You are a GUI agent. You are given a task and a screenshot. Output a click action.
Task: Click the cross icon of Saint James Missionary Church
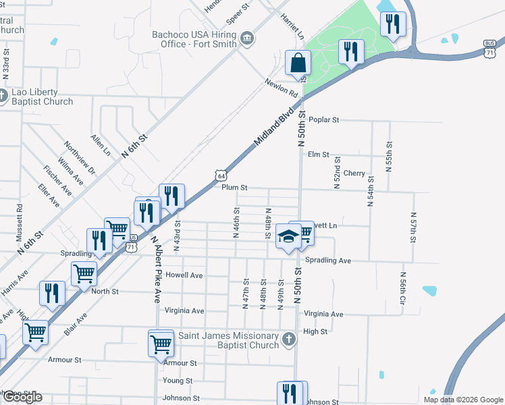[288, 340]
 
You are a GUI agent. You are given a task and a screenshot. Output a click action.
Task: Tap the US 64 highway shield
[221, 175]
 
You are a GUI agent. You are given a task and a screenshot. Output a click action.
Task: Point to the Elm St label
[317, 155]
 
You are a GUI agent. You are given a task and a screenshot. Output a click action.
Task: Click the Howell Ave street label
[184, 275]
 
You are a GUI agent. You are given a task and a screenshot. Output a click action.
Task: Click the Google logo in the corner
[22, 397]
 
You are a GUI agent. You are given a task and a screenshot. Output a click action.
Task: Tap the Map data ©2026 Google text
[462, 400]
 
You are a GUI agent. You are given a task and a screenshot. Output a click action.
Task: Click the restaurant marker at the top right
[392, 24]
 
